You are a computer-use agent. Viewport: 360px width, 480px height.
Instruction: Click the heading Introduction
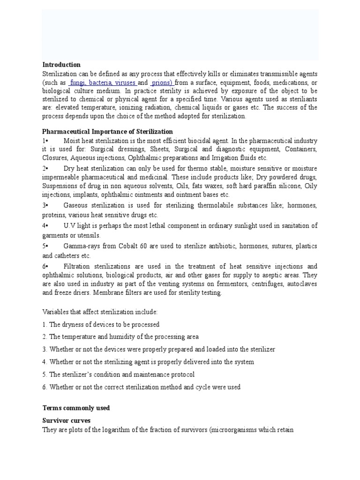pos(61,65)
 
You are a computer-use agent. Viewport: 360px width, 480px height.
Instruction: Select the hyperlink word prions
pos(163,82)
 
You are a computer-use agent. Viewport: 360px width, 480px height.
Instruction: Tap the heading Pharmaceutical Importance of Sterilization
pos(107,131)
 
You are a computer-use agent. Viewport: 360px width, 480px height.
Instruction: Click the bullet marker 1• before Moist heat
pos(45,141)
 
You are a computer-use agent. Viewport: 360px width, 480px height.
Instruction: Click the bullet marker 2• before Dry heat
pos(45,168)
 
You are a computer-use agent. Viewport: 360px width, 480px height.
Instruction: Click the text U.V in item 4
pos(69,226)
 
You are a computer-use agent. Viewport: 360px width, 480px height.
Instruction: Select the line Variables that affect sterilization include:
pos(100,312)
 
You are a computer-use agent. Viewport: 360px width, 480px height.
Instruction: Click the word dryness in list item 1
pos(73,324)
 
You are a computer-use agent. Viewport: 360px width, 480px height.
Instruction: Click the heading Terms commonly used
pos(76,408)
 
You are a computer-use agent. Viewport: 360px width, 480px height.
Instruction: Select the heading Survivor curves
pos(66,420)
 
